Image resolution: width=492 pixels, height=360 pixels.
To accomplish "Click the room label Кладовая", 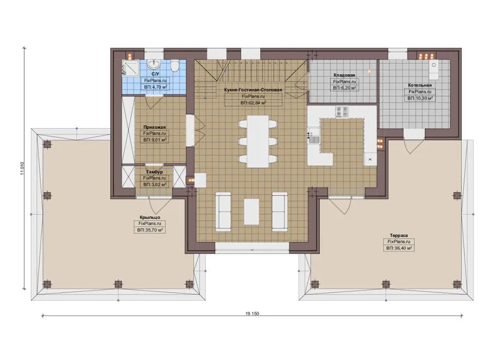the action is (344, 75).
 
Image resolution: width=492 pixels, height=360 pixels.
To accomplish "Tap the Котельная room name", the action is (420, 85).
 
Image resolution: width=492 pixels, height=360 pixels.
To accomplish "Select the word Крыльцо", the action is (150, 217).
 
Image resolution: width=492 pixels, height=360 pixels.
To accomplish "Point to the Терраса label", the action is (399, 235).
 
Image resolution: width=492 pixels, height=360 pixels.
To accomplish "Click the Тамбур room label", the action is (154, 172).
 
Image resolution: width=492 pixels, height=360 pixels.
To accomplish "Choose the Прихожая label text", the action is (154, 127).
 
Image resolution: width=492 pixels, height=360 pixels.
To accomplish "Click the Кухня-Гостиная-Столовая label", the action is (253, 90).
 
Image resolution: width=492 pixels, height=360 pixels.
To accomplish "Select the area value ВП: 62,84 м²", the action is (253, 103).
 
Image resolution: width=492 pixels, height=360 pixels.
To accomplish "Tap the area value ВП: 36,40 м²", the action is (399, 248).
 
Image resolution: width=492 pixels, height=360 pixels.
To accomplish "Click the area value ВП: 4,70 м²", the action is (155, 87).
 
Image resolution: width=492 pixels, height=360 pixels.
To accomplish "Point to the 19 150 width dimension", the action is (252, 314).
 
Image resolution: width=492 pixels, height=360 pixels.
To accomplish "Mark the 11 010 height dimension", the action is (22, 169).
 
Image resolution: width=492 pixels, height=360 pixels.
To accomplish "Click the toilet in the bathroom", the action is (175, 66).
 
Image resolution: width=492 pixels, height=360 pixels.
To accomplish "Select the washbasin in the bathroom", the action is (154, 64).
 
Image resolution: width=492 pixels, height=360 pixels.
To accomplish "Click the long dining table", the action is (258, 141).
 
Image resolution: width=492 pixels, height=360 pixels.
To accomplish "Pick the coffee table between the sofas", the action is (251, 211).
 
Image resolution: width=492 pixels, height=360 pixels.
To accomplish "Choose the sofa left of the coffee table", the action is (223, 211).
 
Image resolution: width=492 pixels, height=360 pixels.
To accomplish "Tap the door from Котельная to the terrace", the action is (414, 143).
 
